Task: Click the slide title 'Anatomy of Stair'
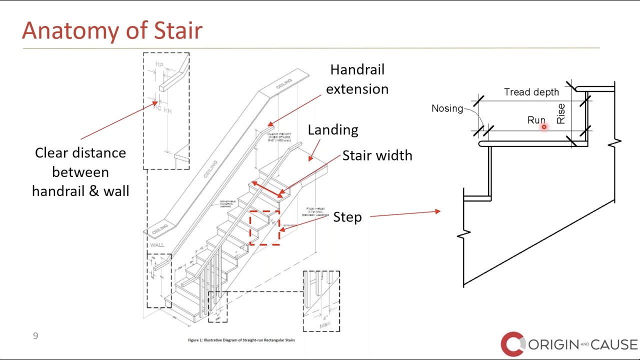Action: (x=112, y=30)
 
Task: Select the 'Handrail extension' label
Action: (x=356, y=79)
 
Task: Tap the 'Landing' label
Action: (x=332, y=130)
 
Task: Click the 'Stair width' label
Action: (x=377, y=155)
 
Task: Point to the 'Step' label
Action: (x=347, y=217)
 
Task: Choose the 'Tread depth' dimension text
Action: (x=531, y=92)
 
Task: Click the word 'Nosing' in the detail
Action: (x=447, y=108)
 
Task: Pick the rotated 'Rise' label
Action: (x=560, y=113)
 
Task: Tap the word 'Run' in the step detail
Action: (x=536, y=120)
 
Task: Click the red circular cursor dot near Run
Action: (x=544, y=127)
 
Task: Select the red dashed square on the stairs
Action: (x=264, y=227)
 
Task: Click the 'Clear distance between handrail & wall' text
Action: (x=80, y=172)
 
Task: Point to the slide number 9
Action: (x=35, y=336)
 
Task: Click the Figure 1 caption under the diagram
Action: (x=241, y=340)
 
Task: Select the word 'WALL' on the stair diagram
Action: (x=156, y=245)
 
